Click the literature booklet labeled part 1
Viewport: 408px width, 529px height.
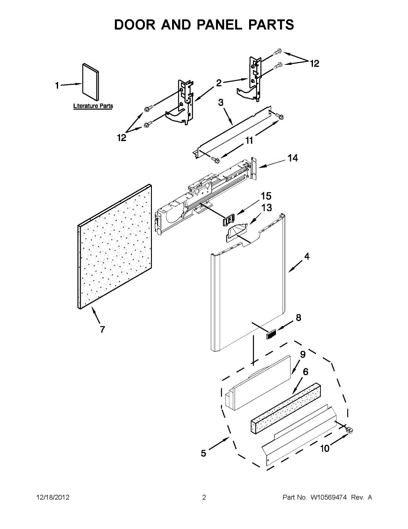pyautogui.click(x=91, y=82)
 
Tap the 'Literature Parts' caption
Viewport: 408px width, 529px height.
pyautogui.click(x=93, y=106)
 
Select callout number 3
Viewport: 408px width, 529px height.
pyautogui.click(x=221, y=102)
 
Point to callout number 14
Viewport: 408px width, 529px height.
pyautogui.click(x=293, y=158)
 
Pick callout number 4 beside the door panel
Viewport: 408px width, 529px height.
pyautogui.click(x=306, y=257)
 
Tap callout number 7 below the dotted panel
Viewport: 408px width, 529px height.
pyautogui.click(x=102, y=329)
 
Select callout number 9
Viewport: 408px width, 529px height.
pyautogui.click(x=303, y=354)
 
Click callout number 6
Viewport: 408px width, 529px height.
pyautogui.click(x=305, y=372)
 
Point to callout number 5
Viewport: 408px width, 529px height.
pyautogui.click(x=203, y=453)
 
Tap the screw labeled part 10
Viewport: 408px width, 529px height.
pyautogui.click(x=351, y=430)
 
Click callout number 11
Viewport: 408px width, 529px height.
pyautogui.click(x=249, y=141)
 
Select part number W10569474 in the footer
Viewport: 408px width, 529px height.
pyautogui.click(x=327, y=498)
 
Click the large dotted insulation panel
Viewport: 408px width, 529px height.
pyautogui.click(x=115, y=247)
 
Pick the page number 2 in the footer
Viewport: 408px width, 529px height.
pyautogui.click(x=204, y=498)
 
